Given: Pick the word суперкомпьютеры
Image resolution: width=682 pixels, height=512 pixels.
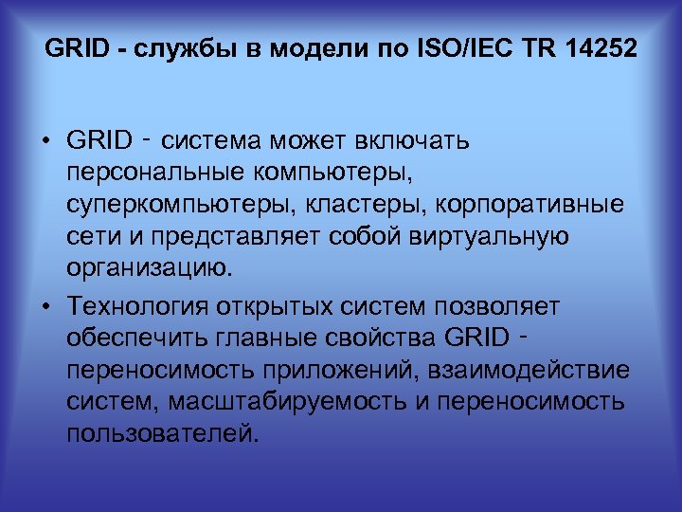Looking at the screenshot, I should pos(171,205).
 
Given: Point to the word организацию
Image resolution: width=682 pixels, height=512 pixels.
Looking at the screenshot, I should pos(150,267).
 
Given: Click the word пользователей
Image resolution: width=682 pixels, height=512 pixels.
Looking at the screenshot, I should pos(162,432).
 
